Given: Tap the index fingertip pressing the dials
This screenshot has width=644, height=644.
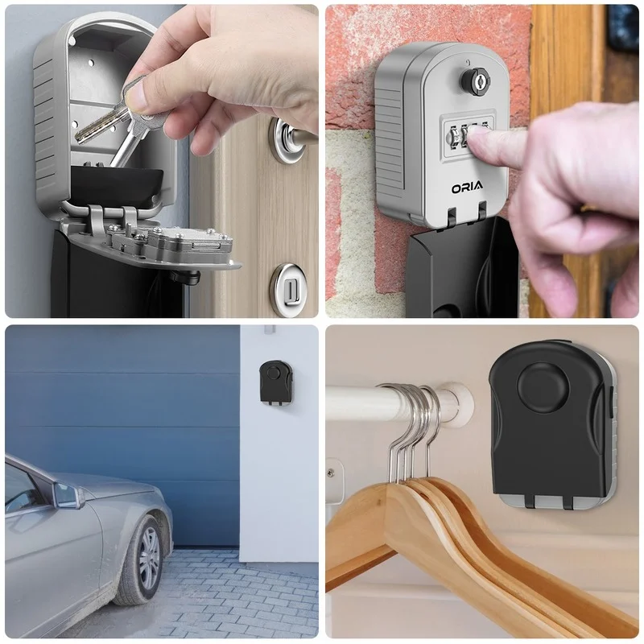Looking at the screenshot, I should coord(480,144).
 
